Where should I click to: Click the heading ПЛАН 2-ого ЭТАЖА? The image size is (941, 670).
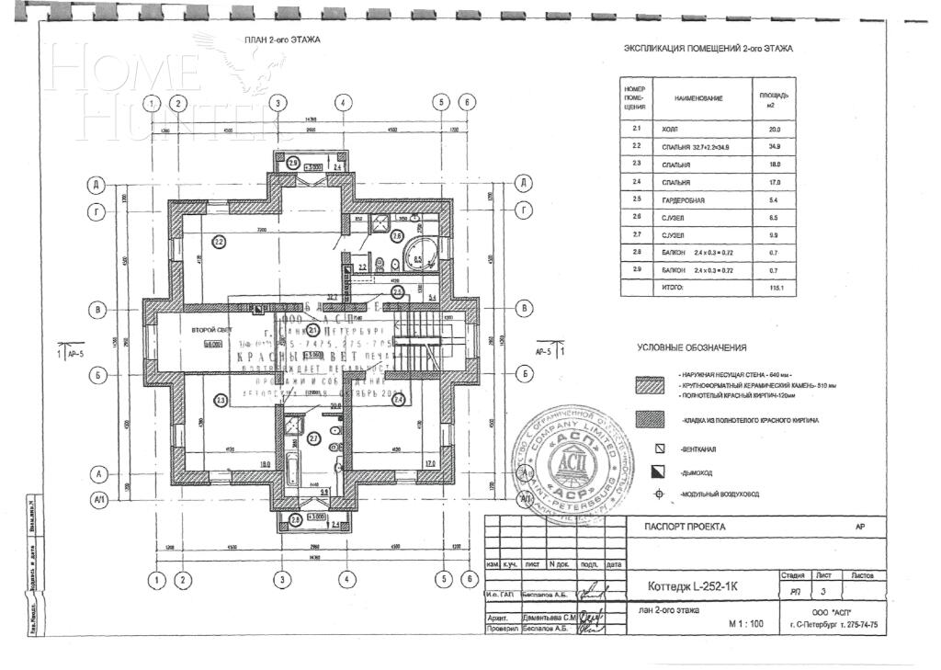click(276, 40)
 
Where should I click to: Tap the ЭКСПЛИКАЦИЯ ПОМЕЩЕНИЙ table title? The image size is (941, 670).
click(708, 49)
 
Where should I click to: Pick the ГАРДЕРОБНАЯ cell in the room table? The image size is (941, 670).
click(683, 199)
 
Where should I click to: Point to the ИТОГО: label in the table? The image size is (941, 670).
click(673, 288)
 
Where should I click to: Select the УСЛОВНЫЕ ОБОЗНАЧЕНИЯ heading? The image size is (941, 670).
click(692, 348)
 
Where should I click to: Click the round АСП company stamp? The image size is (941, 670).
click(567, 459)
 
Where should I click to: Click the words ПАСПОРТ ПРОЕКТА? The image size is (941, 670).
click(679, 527)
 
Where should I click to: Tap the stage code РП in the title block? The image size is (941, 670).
click(795, 593)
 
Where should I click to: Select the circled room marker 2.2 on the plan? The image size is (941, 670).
click(219, 243)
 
